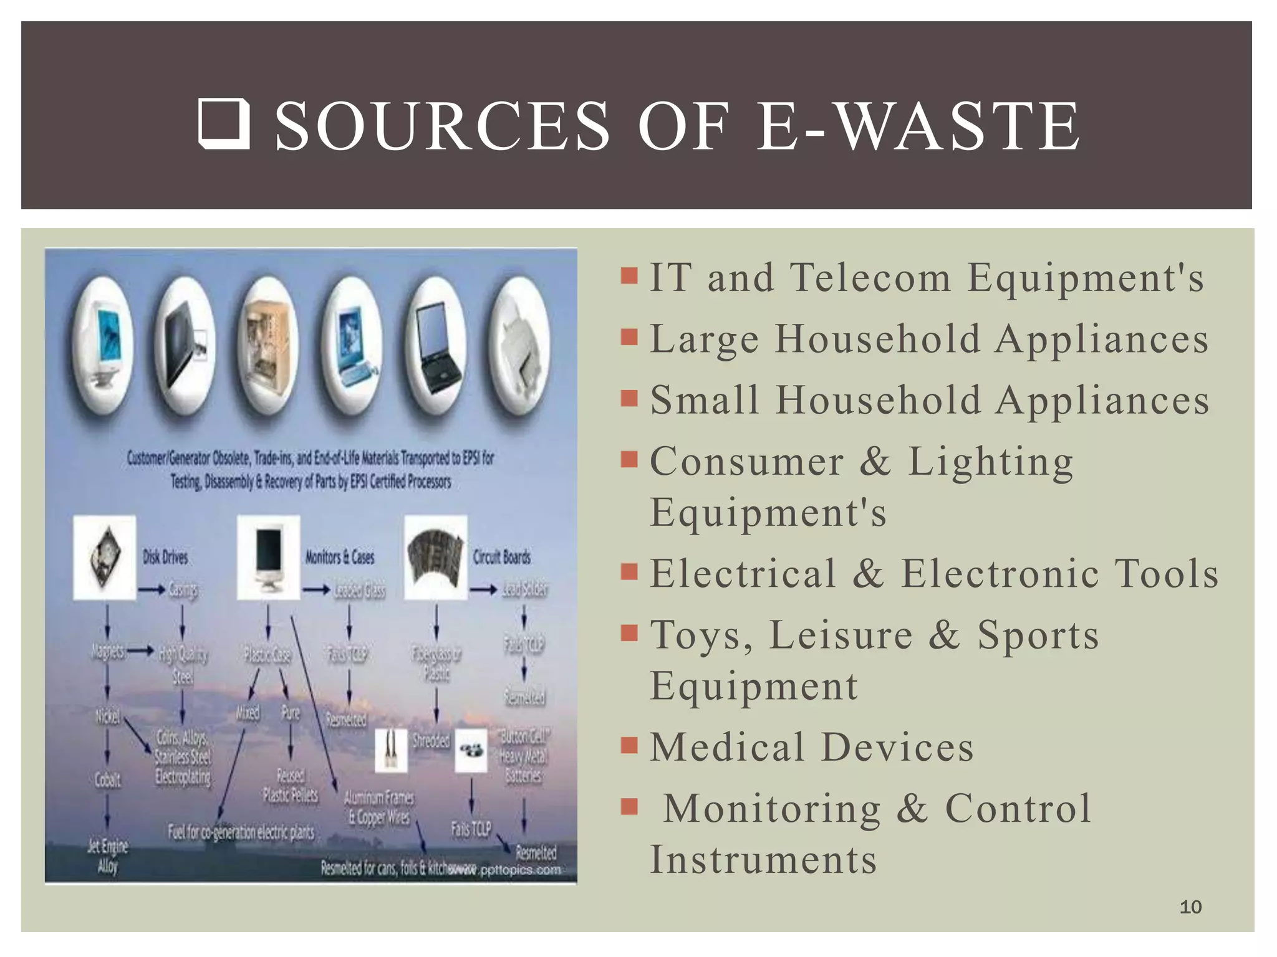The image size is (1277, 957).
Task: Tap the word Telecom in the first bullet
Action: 870,277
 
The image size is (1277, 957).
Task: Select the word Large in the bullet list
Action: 704,340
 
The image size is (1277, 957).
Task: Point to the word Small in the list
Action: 705,400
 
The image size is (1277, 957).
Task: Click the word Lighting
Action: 990,462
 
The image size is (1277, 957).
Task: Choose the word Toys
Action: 701,636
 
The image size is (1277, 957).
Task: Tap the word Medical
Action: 727,747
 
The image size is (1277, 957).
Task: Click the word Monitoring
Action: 772,808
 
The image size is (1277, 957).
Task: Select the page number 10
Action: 1190,907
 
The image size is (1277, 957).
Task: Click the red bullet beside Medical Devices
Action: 629,745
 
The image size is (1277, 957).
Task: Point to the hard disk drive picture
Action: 105,557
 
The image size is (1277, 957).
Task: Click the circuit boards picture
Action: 436,556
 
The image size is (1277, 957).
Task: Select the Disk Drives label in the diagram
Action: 165,557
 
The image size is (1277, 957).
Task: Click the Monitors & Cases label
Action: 340,557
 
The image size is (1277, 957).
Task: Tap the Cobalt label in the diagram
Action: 107,779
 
